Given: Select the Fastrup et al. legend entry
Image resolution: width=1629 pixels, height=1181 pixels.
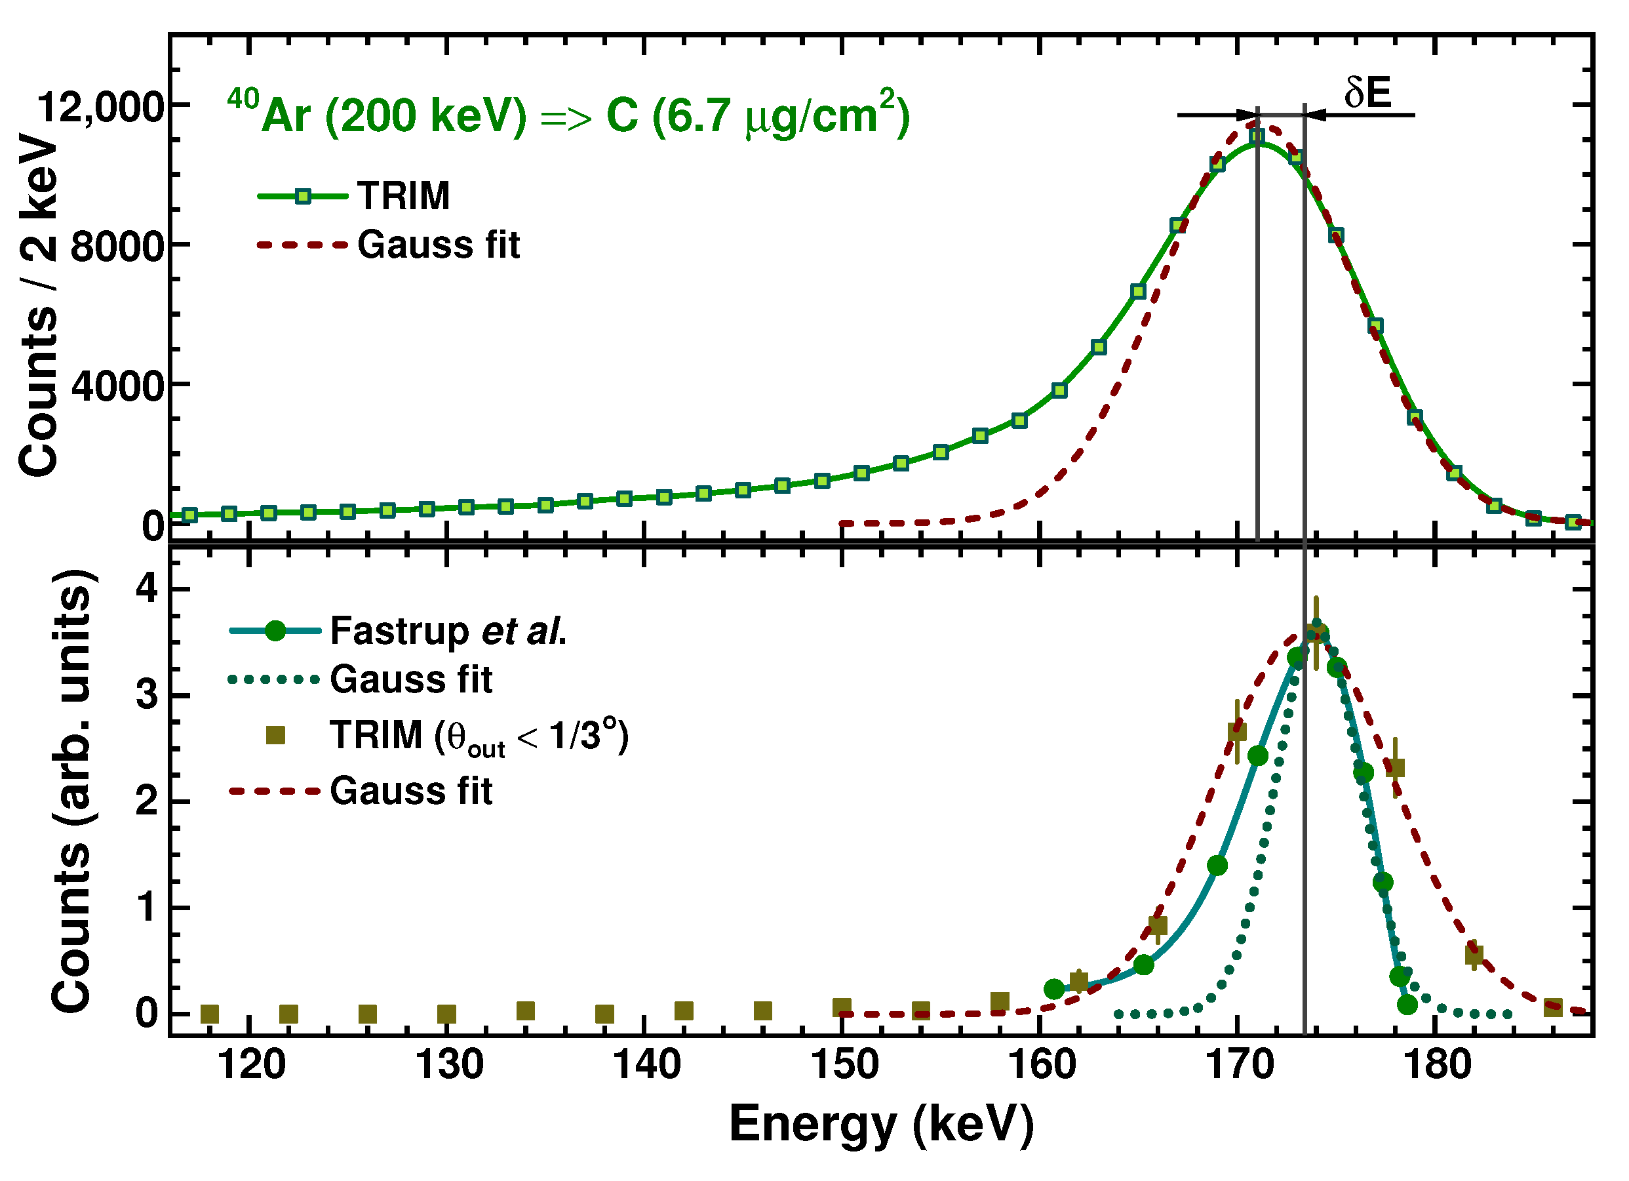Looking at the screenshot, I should click(448, 632).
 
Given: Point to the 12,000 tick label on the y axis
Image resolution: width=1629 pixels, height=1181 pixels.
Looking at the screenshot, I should click(100, 108).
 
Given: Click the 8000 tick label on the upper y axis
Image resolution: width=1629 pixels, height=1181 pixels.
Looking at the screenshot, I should click(118, 247).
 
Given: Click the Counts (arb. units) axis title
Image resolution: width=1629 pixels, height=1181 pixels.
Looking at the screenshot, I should click(72, 790).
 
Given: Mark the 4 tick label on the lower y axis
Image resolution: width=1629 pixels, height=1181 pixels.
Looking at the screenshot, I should click(147, 589).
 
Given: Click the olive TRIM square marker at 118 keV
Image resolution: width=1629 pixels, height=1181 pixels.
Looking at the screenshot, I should click(209, 1014).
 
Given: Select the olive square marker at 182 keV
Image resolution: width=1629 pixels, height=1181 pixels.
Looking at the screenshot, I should click(1474, 955).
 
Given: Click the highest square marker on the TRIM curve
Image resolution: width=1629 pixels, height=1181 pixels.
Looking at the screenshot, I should click(1256, 136).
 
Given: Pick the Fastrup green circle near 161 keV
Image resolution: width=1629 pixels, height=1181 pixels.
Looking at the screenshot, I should click(1053, 990).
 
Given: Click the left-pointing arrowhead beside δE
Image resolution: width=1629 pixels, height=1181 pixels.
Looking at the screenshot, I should click(1313, 115).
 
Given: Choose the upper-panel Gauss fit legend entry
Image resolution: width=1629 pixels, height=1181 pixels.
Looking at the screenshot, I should click(438, 245).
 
